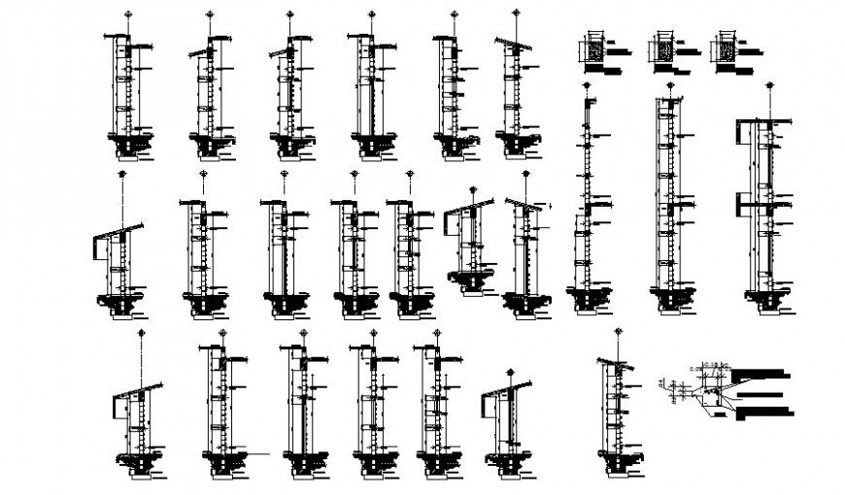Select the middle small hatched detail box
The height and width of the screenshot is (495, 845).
(662, 49)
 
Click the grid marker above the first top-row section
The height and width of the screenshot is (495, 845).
(127, 14)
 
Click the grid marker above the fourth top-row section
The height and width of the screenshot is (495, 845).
(371, 14)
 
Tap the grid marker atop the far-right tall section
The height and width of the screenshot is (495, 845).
(770, 86)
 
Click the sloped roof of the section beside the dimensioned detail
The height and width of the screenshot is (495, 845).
(612, 363)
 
